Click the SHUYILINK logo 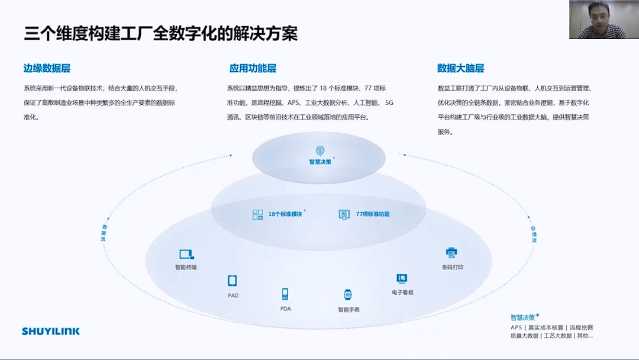51,331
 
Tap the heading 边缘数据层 47,68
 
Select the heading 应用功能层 253,68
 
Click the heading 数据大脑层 460,68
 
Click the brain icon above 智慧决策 319,150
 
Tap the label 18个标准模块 285,214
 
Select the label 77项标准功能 373,214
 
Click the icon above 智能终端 186,255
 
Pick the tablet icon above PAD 233,281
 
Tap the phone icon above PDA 285,294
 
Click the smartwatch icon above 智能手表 348,295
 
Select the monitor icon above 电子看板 402,278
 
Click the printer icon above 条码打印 451,253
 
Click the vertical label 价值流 533,233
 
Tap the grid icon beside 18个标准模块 257,214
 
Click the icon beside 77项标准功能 344,214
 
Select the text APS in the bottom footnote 516,327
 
